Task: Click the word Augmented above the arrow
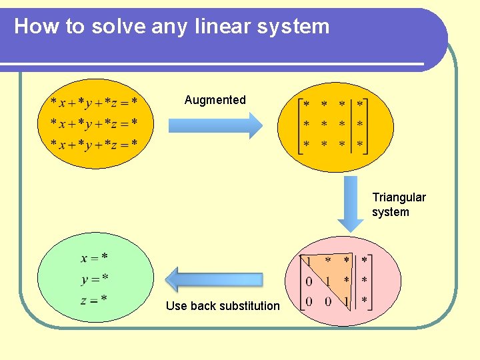click(215, 100)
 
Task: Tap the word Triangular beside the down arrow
click(399, 197)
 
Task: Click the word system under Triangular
click(391, 212)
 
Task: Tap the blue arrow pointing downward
click(350, 203)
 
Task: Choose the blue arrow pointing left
click(214, 280)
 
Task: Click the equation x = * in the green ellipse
click(95, 257)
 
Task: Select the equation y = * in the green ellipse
click(95, 279)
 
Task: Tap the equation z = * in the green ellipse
click(94, 300)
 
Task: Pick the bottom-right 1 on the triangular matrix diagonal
click(346, 302)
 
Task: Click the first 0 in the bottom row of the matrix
click(309, 302)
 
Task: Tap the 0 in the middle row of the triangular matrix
click(309, 281)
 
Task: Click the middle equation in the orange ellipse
click(94, 123)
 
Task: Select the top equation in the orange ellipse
click(94, 102)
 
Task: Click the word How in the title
click(29, 26)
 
